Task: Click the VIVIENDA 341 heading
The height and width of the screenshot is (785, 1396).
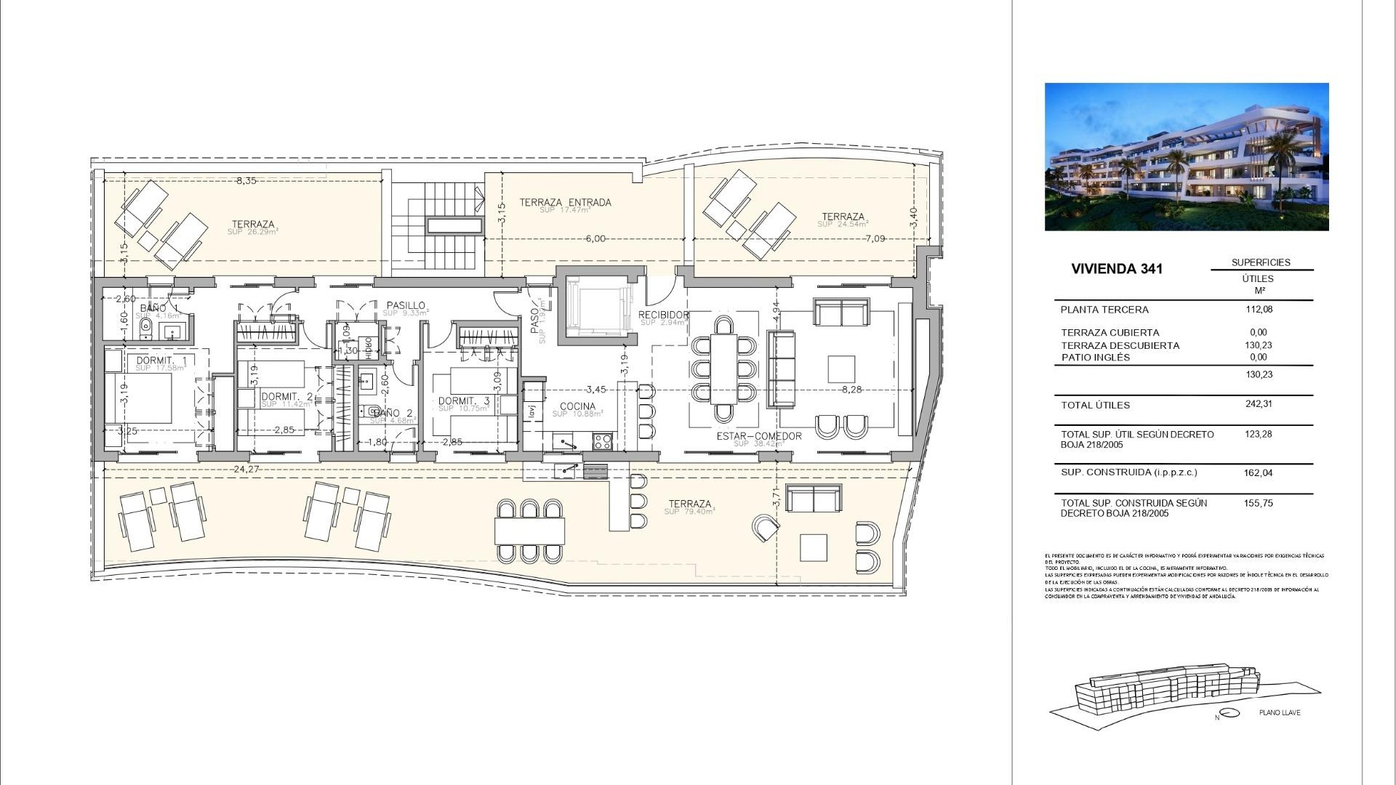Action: pyautogui.click(x=1117, y=269)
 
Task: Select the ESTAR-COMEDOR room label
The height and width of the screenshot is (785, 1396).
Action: pyautogui.click(x=759, y=436)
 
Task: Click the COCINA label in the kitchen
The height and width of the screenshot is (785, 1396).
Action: pyautogui.click(x=578, y=406)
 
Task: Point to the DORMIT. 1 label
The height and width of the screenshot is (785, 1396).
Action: pyautogui.click(x=161, y=361)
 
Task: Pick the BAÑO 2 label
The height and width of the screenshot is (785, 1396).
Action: pyautogui.click(x=393, y=413)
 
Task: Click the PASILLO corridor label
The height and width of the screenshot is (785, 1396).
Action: pyautogui.click(x=406, y=306)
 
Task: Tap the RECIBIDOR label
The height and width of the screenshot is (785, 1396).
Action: pyautogui.click(x=663, y=315)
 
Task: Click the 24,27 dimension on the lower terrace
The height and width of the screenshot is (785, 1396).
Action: pyautogui.click(x=246, y=470)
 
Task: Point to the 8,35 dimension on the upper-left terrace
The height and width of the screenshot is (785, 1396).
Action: pyautogui.click(x=246, y=180)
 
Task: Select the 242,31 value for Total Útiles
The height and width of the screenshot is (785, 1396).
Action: pyautogui.click(x=1259, y=404)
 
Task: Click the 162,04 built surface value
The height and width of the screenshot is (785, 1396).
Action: pyautogui.click(x=1258, y=472)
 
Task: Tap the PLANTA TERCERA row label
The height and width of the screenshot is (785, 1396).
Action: pyautogui.click(x=1104, y=310)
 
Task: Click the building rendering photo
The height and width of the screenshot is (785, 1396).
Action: pyautogui.click(x=1186, y=156)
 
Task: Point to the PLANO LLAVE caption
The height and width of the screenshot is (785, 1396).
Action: pyautogui.click(x=1280, y=712)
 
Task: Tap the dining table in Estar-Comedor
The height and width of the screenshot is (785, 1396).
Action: pyautogui.click(x=723, y=369)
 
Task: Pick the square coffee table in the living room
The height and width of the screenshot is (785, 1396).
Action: pyautogui.click(x=842, y=369)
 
